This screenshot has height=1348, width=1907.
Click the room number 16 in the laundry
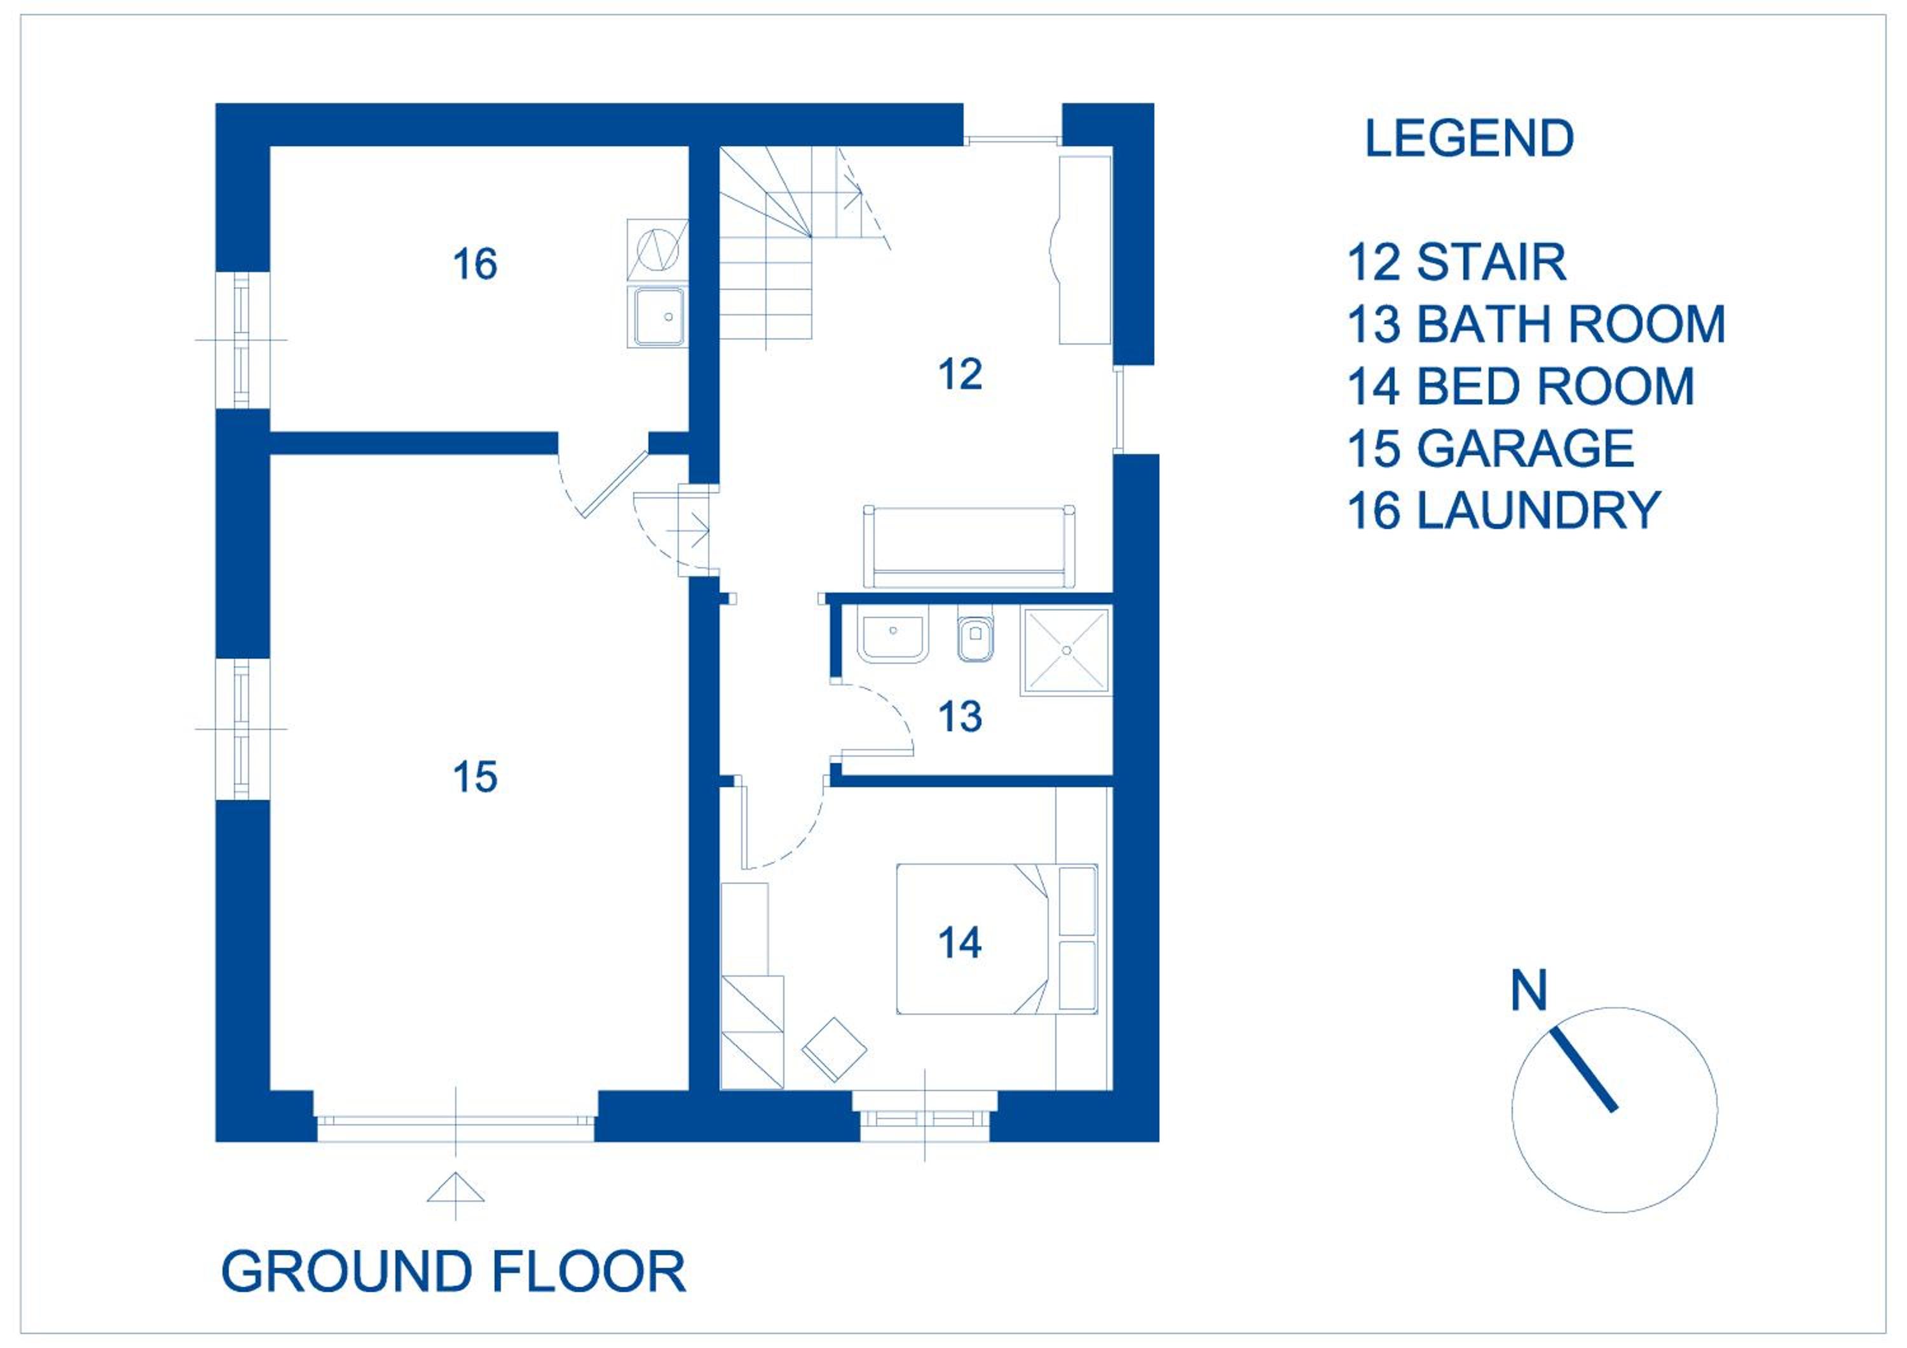[475, 264]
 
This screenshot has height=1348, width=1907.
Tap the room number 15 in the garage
[475, 778]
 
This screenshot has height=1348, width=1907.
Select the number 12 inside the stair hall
[960, 374]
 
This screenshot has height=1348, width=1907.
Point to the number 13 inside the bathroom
[960, 717]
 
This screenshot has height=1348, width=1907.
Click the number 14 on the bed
[960, 943]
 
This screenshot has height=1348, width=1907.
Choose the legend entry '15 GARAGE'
[1491, 448]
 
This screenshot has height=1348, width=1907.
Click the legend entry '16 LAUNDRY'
[1503, 510]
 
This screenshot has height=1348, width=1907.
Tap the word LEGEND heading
[1469, 138]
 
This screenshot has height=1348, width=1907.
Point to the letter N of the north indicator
[1529, 990]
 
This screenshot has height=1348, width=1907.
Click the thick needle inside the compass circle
[1584, 1069]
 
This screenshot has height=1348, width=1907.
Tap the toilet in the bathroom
[974, 638]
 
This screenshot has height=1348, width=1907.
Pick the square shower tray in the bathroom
[1065, 651]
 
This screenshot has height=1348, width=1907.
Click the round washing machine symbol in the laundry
[657, 249]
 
